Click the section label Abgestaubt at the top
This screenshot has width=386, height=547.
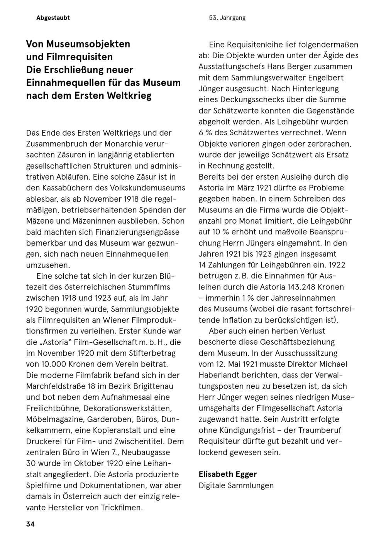pos(53,18)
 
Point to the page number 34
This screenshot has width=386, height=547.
pos(30,524)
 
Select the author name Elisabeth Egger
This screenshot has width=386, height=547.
pos(228,474)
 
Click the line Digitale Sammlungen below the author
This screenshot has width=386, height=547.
pos(236,485)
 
